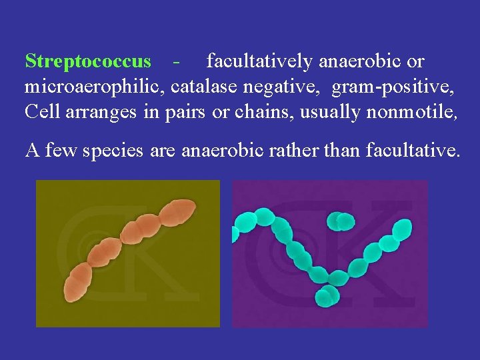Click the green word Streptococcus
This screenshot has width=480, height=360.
click(88, 61)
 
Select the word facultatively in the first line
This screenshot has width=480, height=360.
click(259, 61)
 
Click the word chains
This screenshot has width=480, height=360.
click(257, 111)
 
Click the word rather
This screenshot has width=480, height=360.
click(298, 150)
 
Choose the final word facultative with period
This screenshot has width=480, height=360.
click(413, 150)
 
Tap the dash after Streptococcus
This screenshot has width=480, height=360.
click(176, 62)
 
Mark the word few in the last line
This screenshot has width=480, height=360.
click(58, 151)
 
